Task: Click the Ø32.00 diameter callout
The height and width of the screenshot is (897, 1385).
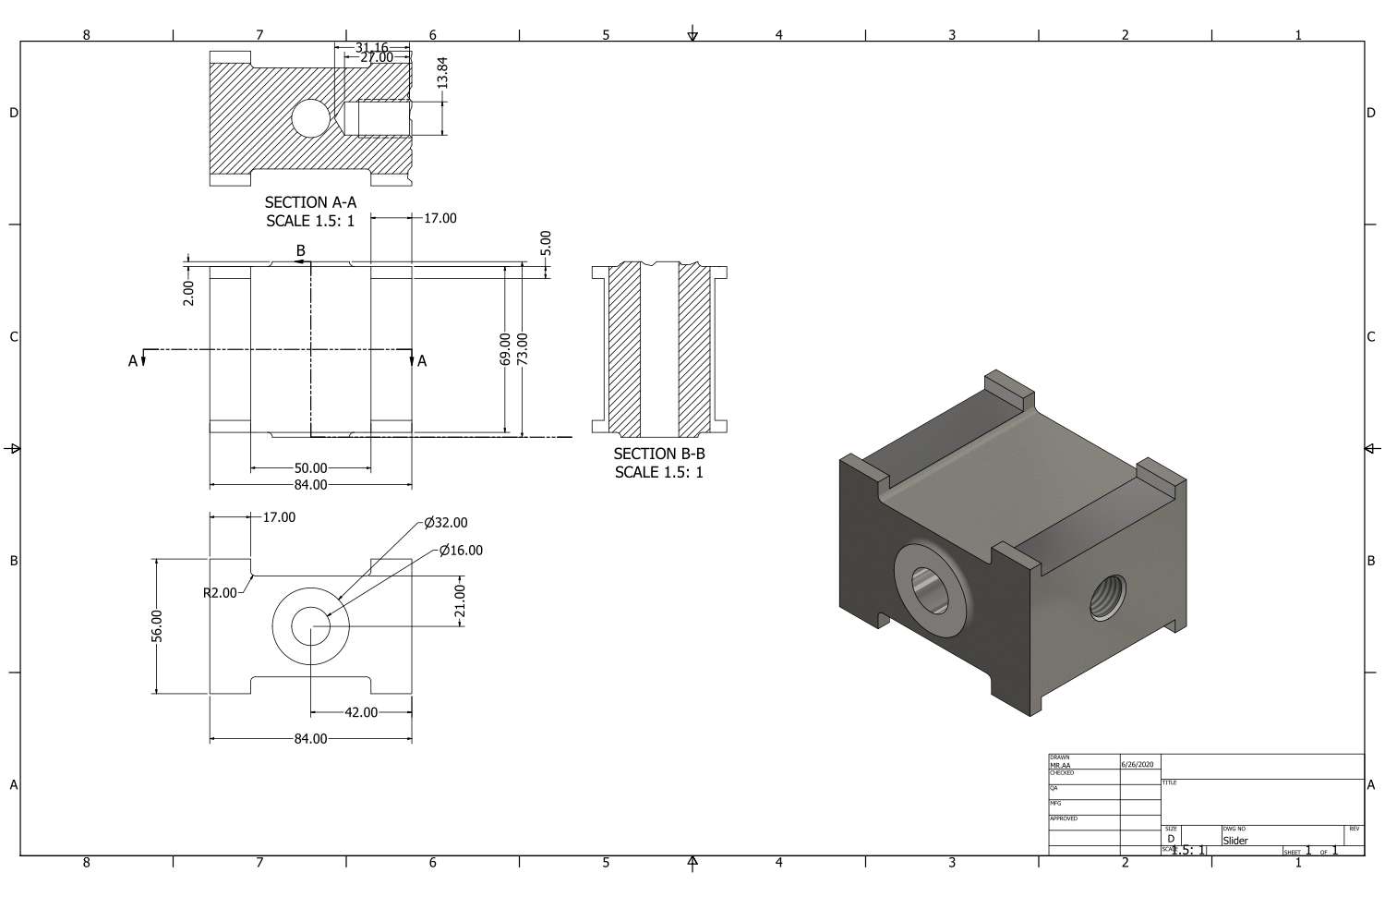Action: [x=446, y=523]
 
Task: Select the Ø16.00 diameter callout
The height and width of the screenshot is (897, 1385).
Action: [x=461, y=551]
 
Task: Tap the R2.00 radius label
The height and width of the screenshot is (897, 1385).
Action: [x=220, y=592]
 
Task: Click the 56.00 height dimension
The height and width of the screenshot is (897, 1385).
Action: [x=157, y=625]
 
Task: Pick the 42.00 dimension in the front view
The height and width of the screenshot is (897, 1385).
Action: [x=361, y=712]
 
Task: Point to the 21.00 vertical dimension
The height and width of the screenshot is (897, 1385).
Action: [x=460, y=600]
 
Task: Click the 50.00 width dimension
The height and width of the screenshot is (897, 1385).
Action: [x=310, y=468]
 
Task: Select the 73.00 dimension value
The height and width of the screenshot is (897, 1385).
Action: [x=522, y=349]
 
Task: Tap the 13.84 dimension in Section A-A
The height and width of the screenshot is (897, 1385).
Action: [x=442, y=72]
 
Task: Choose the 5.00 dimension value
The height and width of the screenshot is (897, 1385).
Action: [x=546, y=243]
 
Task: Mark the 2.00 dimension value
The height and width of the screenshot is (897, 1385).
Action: [x=188, y=293]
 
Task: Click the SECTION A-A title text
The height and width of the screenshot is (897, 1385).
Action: [x=310, y=202]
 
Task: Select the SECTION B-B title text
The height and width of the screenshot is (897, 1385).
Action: [x=659, y=454]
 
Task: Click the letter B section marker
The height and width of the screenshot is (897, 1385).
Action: [x=300, y=250]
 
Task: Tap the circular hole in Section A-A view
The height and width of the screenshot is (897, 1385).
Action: [x=310, y=118]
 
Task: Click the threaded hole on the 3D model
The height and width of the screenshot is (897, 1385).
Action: [x=1108, y=597]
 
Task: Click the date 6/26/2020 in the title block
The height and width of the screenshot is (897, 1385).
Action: [x=1137, y=765]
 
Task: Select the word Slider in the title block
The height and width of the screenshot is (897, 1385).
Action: [x=1235, y=841]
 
